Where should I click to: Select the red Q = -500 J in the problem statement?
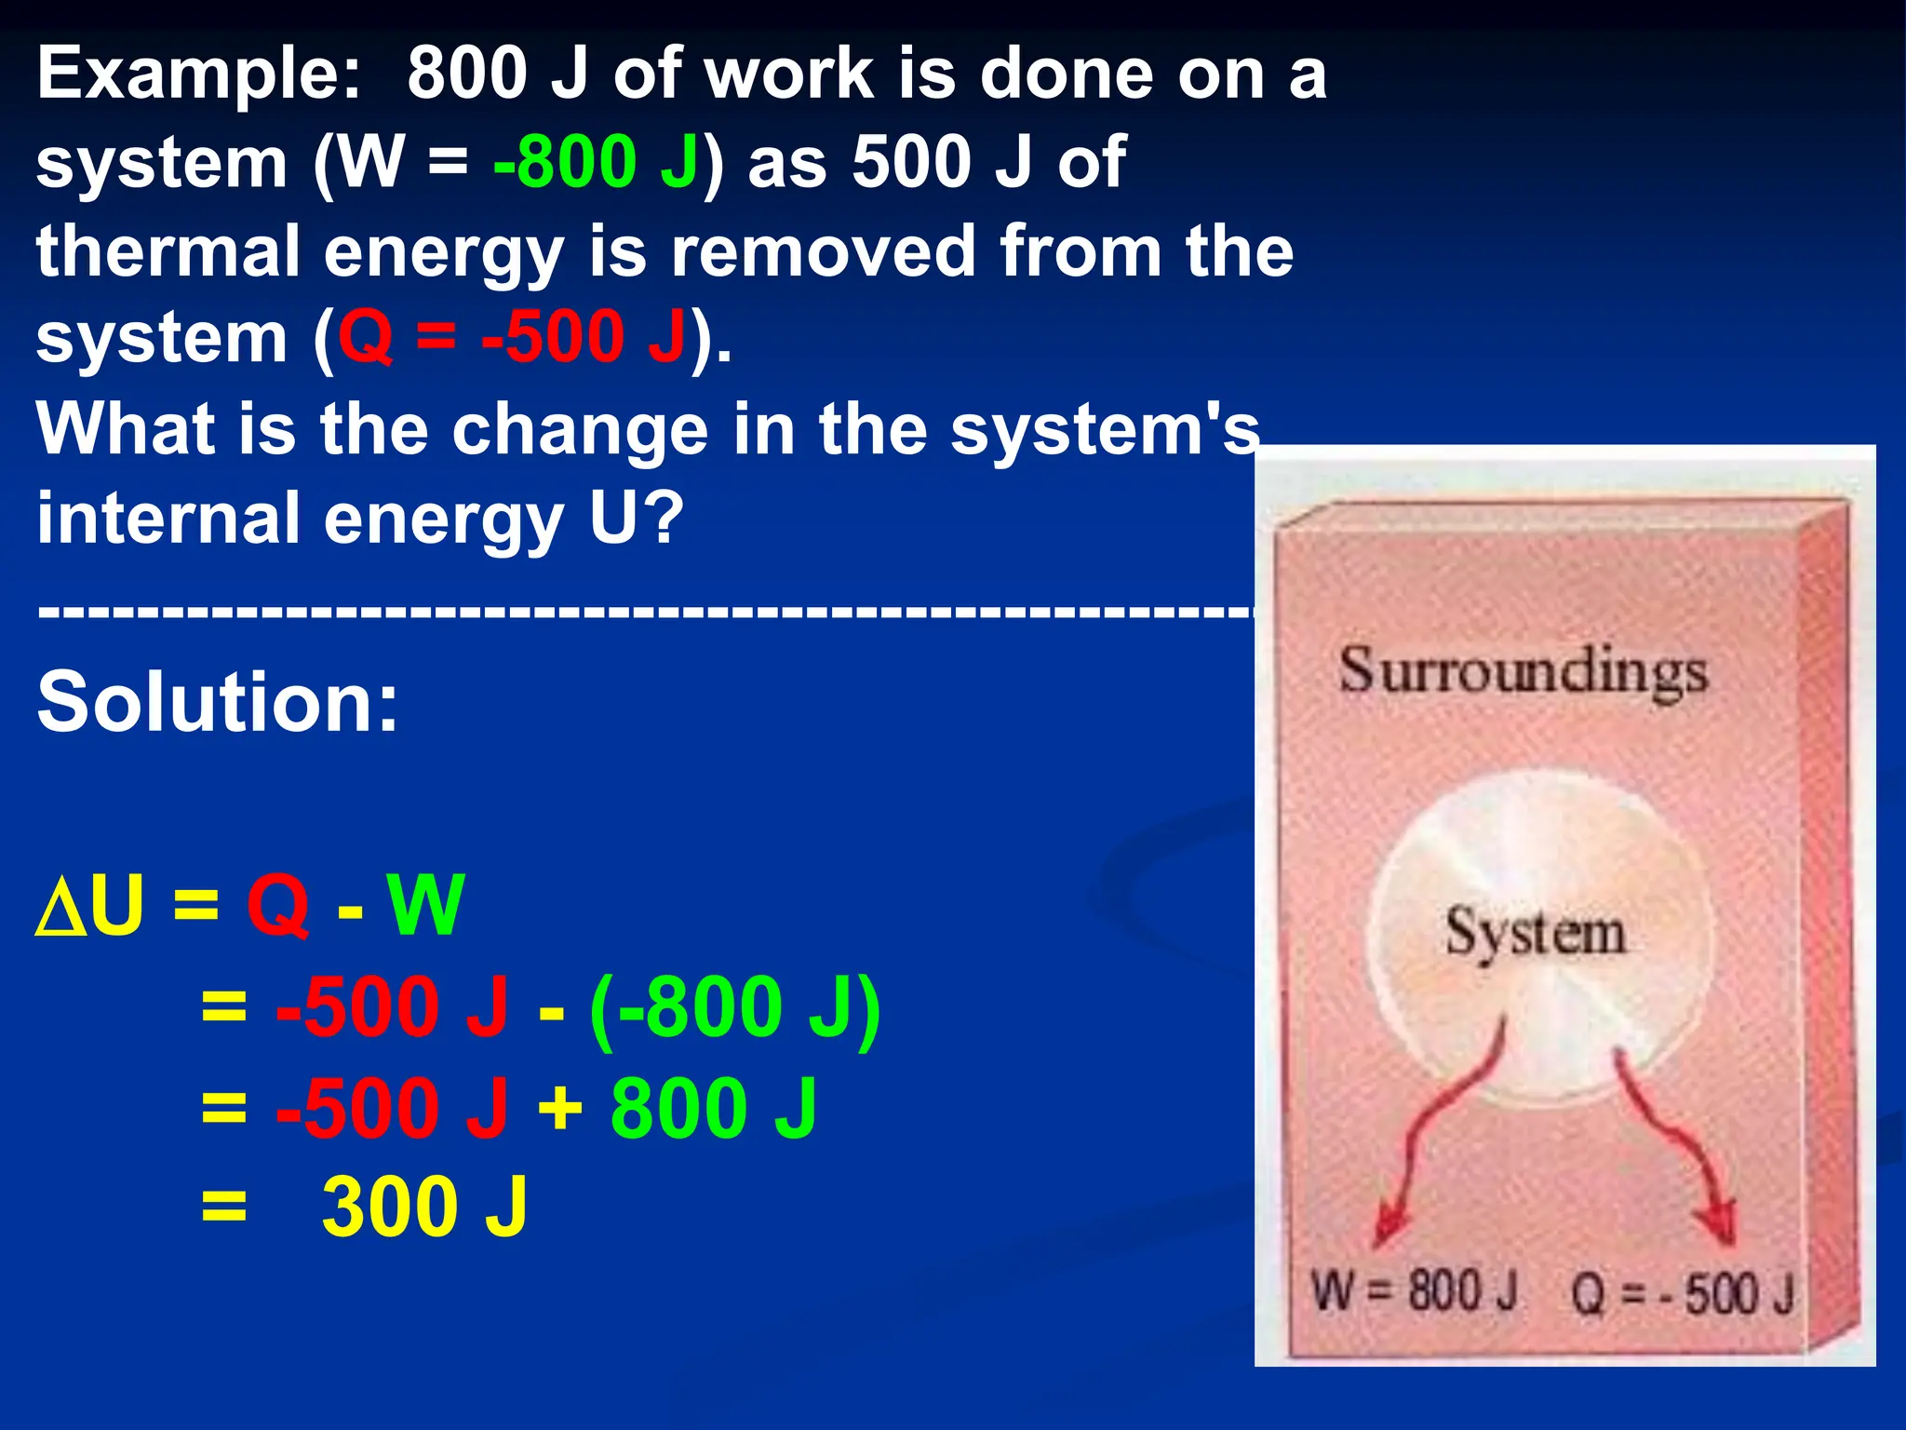pyautogui.click(x=512, y=337)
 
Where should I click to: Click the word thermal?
pyautogui.click(x=168, y=251)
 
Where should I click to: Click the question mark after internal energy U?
pyautogui.click(x=666, y=518)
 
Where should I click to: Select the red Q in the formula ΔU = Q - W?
pyautogui.click(x=277, y=905)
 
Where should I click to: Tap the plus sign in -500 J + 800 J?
pyautogui.click(x=560, y=1108)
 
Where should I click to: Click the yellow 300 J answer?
pyautogui.click(x=424, y=1207)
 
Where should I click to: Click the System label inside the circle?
pyautogui.click(x=1536, y=932)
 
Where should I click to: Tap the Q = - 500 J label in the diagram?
pyautogui.click(x=1683, y=1294)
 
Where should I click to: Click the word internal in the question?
pyautogui.click(x=168, y=518)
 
